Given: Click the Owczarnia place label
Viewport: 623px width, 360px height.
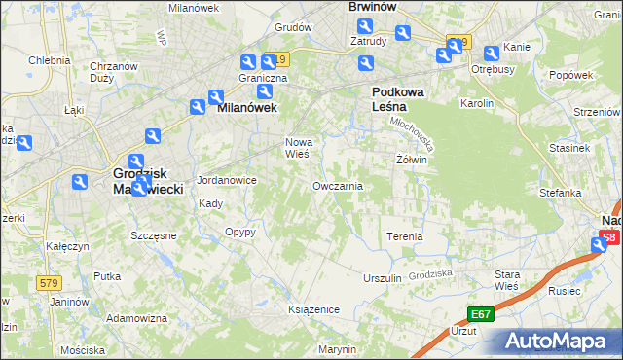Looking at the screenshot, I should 338,185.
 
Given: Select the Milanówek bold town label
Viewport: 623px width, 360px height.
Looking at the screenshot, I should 247,109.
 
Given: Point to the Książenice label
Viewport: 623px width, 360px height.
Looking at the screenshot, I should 313,308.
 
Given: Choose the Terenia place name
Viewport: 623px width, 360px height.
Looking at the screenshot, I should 405,236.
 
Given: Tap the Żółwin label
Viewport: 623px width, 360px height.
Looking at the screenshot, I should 413,160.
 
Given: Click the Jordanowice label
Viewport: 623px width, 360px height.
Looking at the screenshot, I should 227,180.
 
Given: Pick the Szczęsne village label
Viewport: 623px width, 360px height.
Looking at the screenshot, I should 153,235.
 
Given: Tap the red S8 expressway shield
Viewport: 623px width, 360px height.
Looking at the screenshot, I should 609,237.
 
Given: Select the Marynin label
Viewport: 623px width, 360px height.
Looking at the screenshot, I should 338,348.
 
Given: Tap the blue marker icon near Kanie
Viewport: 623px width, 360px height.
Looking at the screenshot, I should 491,53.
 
